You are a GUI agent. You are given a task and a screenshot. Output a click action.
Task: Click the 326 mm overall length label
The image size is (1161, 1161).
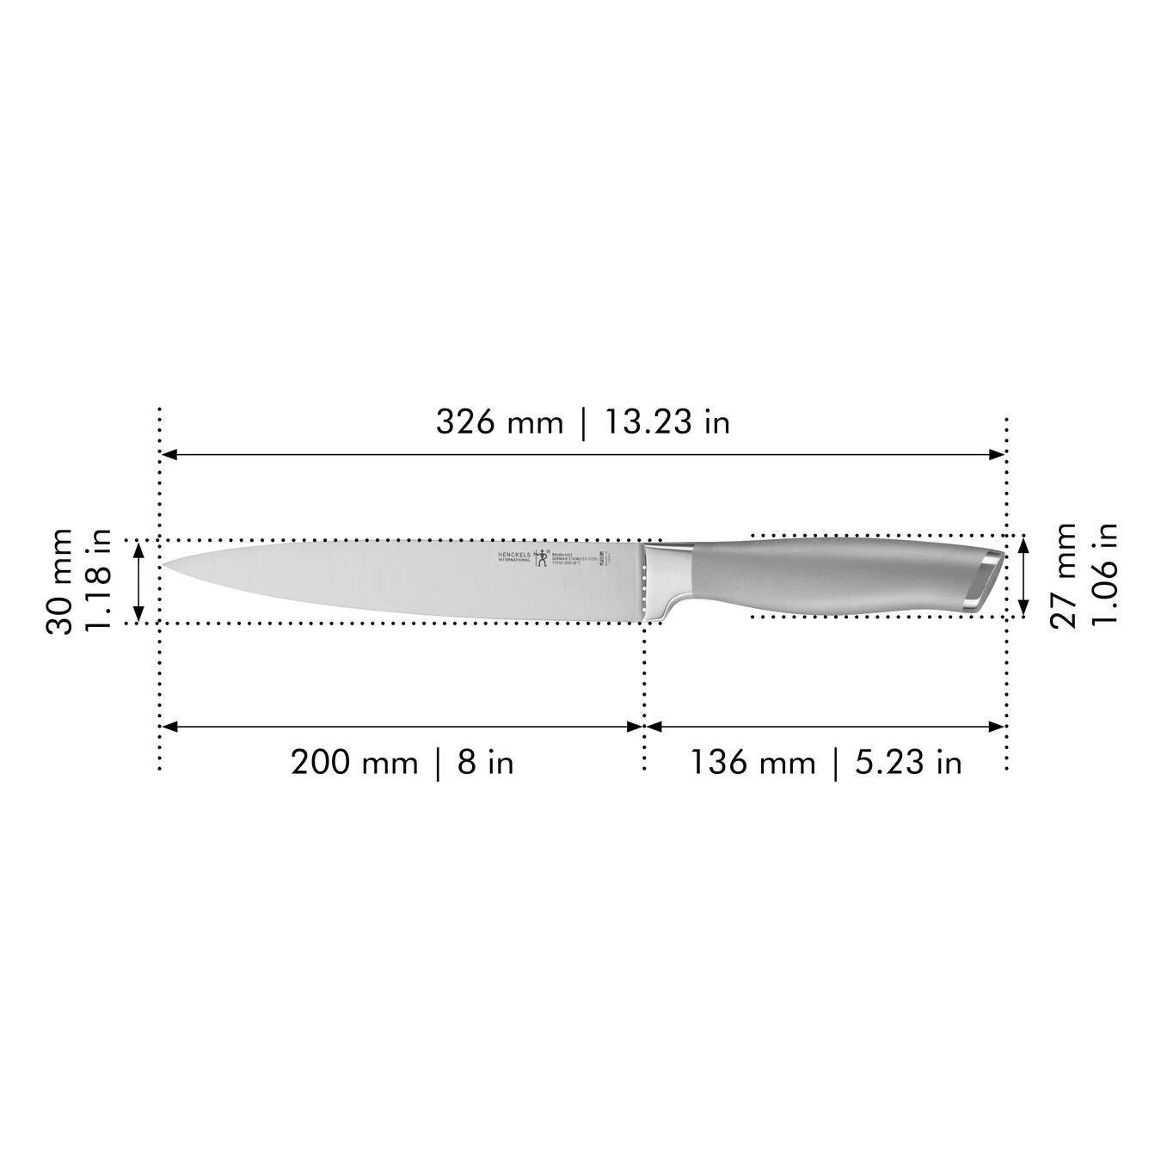[x=499, y=422]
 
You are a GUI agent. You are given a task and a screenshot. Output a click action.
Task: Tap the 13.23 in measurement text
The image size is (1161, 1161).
[x=666, y=422]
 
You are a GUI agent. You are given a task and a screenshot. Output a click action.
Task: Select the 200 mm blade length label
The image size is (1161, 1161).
[x=353, y=763]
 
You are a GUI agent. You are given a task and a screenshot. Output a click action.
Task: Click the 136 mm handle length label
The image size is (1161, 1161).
[x=752, y=763]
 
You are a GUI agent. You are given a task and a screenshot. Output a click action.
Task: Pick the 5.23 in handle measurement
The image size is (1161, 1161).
[x=908, y=763]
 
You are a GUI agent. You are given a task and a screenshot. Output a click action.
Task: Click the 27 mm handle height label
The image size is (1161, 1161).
[x=1065, y=575]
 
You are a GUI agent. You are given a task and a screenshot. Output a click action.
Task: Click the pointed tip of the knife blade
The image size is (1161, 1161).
[x=166, y=564]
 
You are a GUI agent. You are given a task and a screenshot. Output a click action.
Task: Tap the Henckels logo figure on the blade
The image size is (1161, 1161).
[x=541, y=560]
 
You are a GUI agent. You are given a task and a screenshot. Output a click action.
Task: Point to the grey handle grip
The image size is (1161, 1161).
[x=826, y=576]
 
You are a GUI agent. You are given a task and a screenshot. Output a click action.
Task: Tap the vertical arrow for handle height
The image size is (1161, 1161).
[x=1023, y=575]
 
